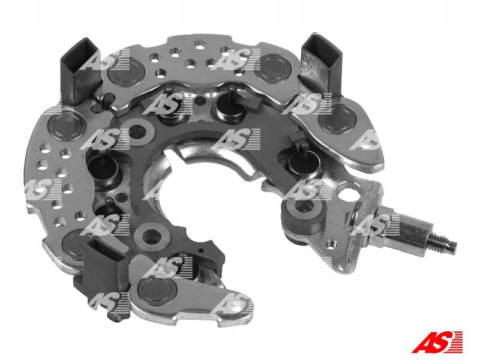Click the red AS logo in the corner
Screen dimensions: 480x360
[437, 343]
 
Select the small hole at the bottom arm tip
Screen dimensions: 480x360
[236, 307]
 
